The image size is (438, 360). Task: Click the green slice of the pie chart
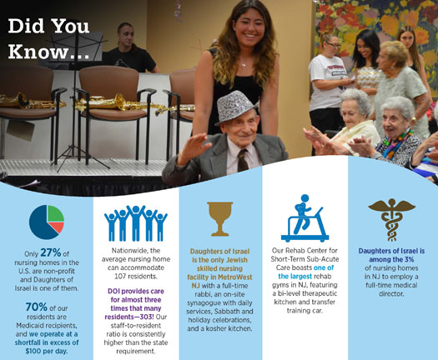(x=55, y=214)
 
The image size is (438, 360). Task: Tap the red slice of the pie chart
(x=58, y=227)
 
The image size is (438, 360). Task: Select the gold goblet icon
(x=220, y=219)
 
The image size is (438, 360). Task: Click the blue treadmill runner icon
(x=305, y=218)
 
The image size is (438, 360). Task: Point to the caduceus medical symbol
(x=391, y=219)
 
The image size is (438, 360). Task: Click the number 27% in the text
(x=51, y=252)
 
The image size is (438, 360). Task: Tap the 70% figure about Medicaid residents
(x=37, y=307)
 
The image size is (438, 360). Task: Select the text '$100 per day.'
(x=47, y=351)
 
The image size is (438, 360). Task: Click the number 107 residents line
(x=136, y=277)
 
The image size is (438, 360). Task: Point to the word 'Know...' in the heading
(x=49, y=52)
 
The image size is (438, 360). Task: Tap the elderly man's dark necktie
(x=242, y=160)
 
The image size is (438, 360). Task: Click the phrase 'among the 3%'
(x=391, y=259)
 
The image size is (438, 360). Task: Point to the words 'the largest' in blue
(x=295, y=277)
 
